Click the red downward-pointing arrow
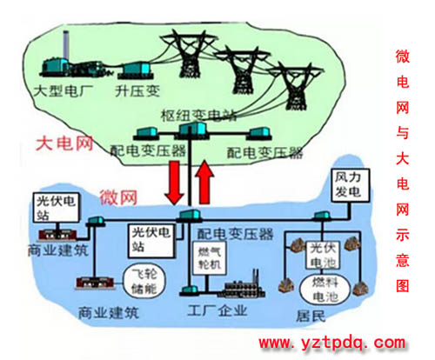click(174, 183)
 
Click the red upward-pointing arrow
click(204, 182)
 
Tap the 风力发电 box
click(351, 185)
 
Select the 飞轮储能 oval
click(144, 281)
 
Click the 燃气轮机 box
click(210, 258)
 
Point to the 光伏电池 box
click(323, 256)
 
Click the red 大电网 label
click(64, 143)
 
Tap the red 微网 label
click(118, 197)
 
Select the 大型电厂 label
click(64, 90)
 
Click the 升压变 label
click(137, 90)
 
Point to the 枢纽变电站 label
click(198, 116)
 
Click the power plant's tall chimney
click(66, 45)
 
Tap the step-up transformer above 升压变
click(136, 70)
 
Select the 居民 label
click(311, 316)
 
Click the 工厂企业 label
click(217, 310)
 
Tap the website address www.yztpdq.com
click(332, 343)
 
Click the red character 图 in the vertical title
click(403, 285)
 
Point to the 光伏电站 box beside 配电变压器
click(151, 241)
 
